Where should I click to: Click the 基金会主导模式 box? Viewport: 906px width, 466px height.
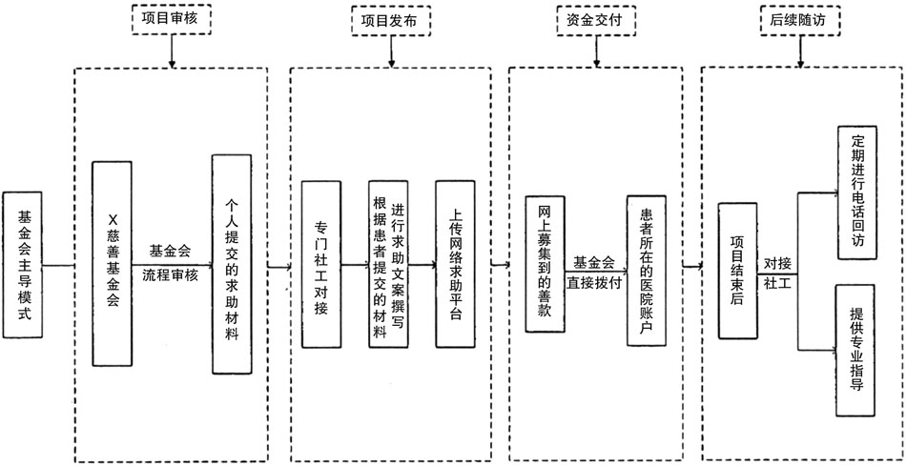click(24, 266)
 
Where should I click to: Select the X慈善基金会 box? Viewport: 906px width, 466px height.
click(112, 264)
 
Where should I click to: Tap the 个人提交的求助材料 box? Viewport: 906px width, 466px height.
click(232, 264)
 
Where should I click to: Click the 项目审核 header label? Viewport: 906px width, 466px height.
click(171, 18)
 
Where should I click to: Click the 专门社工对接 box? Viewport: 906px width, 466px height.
click(320, 264)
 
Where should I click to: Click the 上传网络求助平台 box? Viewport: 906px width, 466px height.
click(455, 264)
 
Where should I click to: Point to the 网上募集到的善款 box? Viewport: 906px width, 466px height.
click(545, 264)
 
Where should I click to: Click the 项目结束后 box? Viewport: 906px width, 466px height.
click(736, 269)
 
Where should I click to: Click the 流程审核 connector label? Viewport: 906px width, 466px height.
click(171, 275)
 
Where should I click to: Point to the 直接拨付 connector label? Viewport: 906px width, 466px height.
click(594, 283)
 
